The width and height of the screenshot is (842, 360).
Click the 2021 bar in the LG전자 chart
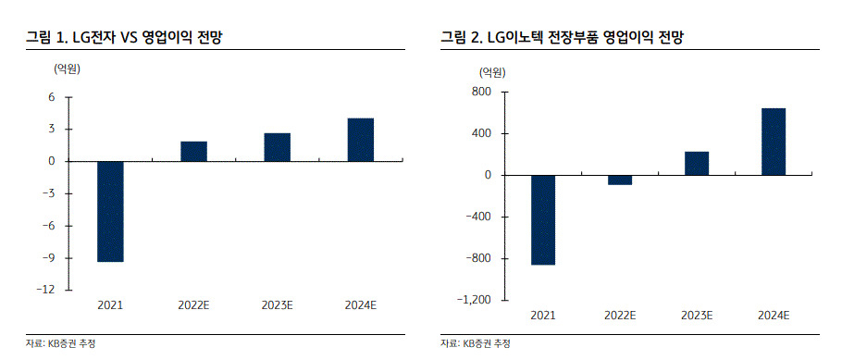pos(110,212)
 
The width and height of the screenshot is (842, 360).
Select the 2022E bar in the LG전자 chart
pos(193,152)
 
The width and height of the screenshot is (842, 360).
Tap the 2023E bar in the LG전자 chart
pos(277,147)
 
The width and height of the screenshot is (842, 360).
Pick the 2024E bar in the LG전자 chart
pos(360,140)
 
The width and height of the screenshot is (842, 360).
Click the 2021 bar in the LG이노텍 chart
pos(543,219)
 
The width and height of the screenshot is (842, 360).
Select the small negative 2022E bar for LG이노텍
pos(620,180)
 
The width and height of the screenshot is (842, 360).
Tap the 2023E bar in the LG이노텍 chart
pos(697,164)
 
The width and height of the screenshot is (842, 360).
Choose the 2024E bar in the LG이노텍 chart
pos(774,142)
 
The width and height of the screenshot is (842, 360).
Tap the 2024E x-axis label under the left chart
pos(360,305)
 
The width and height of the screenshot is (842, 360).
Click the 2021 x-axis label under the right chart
pos(543,316)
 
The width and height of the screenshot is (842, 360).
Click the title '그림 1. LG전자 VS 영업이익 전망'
pos(124,37)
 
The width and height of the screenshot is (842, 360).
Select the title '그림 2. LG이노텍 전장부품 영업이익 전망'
pos(562,37)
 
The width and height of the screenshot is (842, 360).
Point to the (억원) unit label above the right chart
pos(492,72)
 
